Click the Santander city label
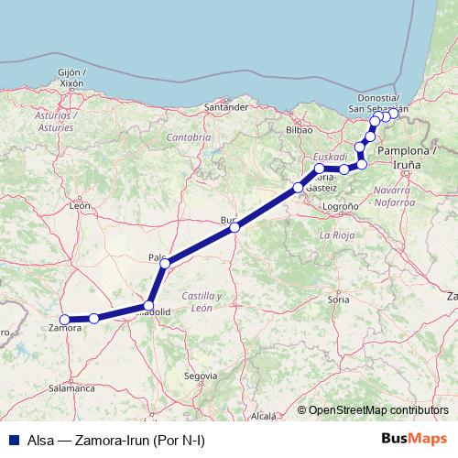[x=227, y=107]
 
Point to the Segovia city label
[x=201, y=376]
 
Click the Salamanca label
[x=72, y=388]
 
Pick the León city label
[x=80, y=207]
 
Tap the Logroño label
[x=341, y=207]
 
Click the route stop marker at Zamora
[x=64, y=320]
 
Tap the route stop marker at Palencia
[x=165, y=264]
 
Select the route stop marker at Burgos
[x=235, y=227]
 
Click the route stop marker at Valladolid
[x=148, y=305]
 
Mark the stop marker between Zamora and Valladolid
[x=94, y=318]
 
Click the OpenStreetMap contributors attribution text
[x=378, y=411]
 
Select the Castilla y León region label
[x=202, y=302]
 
